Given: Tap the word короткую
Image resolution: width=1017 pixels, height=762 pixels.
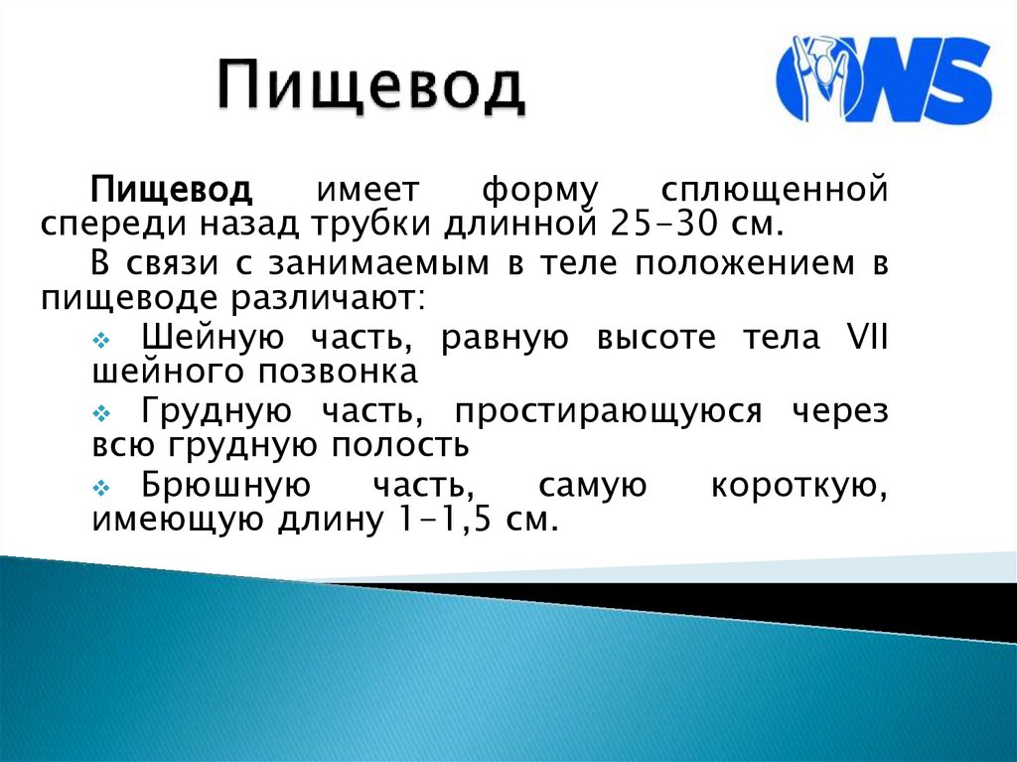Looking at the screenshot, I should (798, 486).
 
